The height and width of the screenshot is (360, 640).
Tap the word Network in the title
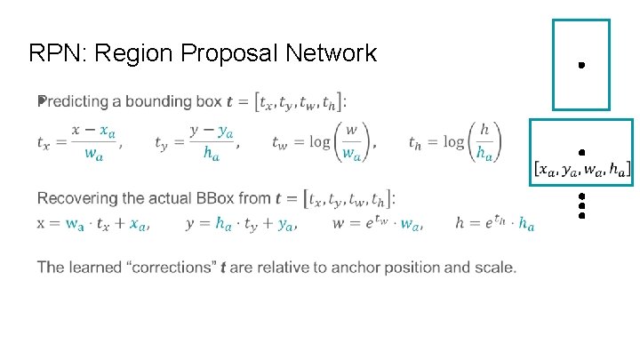330,53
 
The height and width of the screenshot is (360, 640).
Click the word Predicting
78,101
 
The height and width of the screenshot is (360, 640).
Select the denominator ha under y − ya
212,154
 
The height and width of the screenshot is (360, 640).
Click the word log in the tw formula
319,141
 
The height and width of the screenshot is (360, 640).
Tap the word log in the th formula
453,141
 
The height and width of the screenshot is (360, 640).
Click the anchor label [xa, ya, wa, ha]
583,167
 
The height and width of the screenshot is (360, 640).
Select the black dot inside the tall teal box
580,66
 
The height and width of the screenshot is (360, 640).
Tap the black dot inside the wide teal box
580,153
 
